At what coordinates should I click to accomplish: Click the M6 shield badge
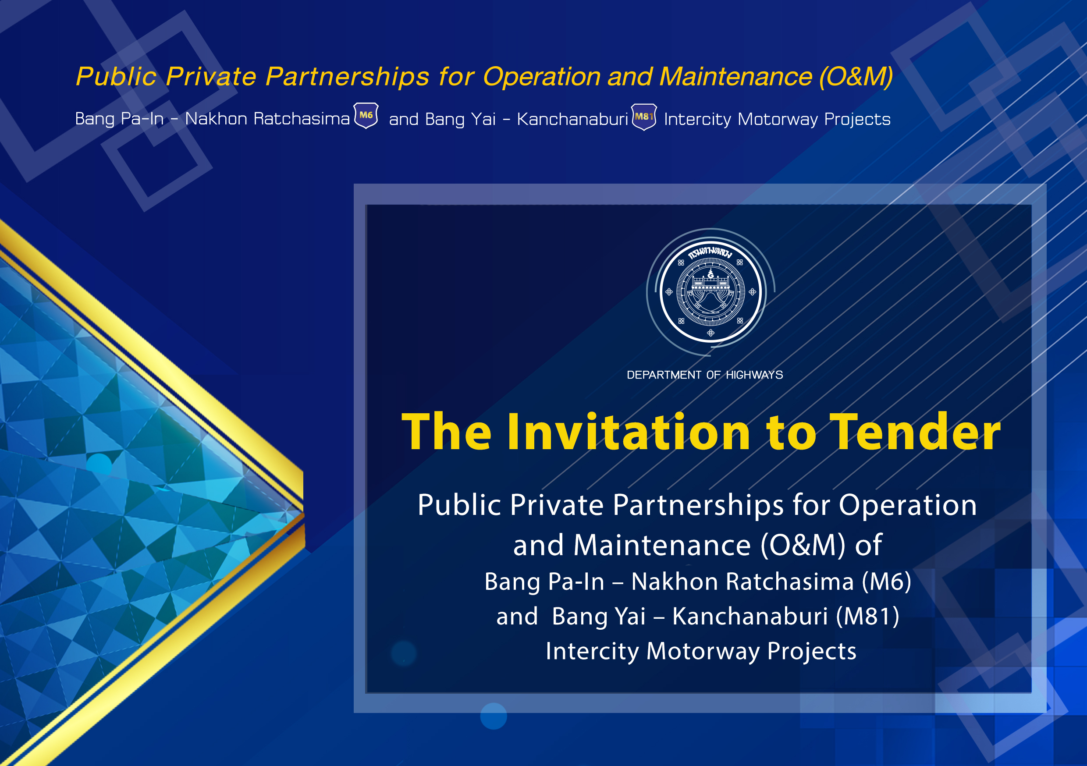tap(366, 116)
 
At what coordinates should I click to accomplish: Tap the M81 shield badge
tap(644, 117)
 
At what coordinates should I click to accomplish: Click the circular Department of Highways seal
tap(710, 291)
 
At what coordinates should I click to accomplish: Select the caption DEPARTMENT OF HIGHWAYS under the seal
tap(705, 375)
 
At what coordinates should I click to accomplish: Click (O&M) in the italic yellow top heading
tap(856, 76)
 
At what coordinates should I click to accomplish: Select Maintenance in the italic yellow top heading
tap(736, 76)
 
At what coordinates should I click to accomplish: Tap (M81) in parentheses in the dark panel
tap(867, 616)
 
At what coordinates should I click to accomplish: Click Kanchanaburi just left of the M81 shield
tap(572, 119)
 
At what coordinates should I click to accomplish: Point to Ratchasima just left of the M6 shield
tap(302, 119)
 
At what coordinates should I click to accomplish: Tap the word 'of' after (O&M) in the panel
tap(868, 545)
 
